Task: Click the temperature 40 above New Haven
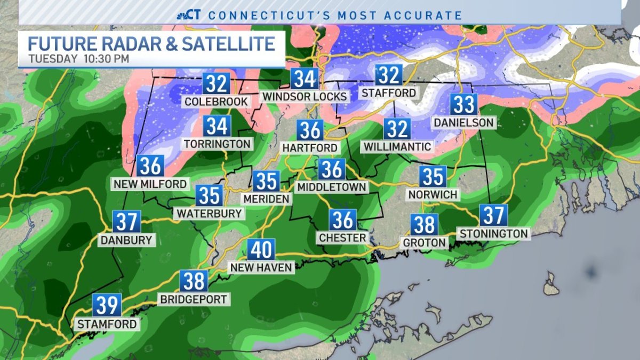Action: pos(261,250)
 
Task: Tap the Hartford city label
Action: pos(310,147)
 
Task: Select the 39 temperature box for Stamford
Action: pos(107,305)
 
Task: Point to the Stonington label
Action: pos(494,233)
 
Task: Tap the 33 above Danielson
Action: pos(463,105)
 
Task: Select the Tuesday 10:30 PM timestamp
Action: pos(79,59)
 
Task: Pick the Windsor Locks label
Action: pos(305,97)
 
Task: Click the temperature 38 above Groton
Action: pos(425,225)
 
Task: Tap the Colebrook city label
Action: pos(216,101)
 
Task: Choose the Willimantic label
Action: pos(397,146)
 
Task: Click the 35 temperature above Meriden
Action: pos(266,181)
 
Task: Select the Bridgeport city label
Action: pos(194,299)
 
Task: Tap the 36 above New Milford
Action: pos(150,166)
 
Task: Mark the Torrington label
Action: pos(217,144)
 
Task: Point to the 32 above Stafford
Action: pos(389,75)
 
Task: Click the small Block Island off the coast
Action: pos(551,284)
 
